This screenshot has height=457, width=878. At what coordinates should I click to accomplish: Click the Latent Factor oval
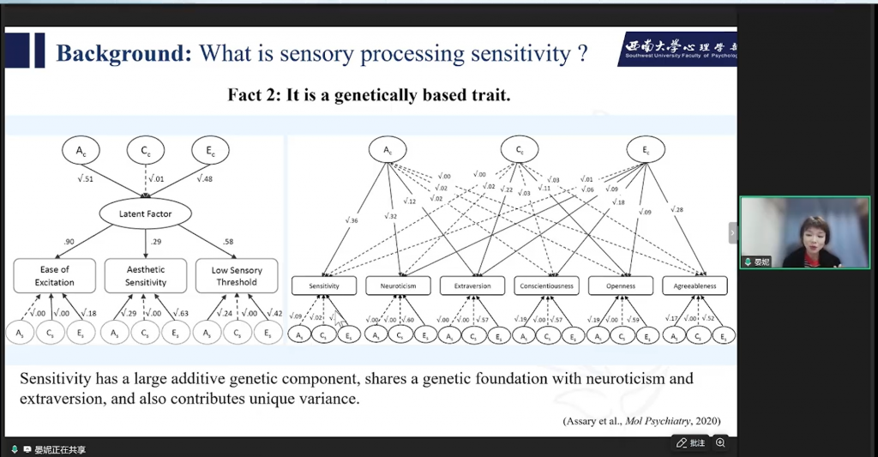click(146, 213)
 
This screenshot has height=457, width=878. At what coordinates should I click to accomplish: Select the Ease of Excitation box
click(54, 275)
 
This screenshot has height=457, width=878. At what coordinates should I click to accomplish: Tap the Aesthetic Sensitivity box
click(146, 275)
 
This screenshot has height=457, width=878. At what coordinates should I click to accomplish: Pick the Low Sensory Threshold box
click(236, 275)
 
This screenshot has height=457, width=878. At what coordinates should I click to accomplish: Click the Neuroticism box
click(398, 286)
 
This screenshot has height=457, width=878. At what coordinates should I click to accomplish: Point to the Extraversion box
click(472, 286)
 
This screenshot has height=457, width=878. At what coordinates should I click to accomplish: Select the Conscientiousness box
click(546, 286)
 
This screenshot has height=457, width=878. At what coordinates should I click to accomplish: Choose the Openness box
click(621, 286)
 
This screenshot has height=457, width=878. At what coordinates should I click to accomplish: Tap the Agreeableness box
click(695, 286)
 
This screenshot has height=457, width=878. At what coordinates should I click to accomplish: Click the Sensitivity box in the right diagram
click(323, 286)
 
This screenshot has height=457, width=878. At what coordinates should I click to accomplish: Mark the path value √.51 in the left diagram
click(84, 178)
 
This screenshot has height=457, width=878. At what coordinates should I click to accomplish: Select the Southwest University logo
click(677, 49)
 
